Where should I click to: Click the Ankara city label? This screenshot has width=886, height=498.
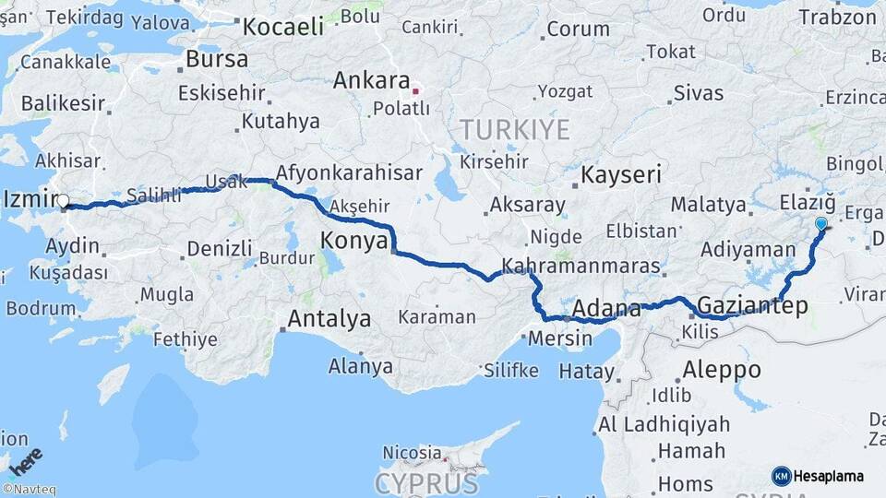371,80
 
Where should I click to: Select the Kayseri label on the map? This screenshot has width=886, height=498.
622,174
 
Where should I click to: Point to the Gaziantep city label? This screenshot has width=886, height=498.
753,305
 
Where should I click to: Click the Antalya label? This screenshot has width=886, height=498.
329,319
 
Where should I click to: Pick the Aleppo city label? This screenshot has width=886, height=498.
722,370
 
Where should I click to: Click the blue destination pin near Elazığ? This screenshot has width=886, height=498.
820,222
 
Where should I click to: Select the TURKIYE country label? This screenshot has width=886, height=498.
515,129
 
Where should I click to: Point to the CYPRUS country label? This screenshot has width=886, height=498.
426,483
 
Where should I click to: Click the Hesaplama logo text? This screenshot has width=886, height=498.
829,476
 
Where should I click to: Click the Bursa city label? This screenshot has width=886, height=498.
217,59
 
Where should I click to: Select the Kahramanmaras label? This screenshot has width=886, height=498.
581,267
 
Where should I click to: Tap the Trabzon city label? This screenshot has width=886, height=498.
836,17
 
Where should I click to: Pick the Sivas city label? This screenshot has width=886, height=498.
699,92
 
